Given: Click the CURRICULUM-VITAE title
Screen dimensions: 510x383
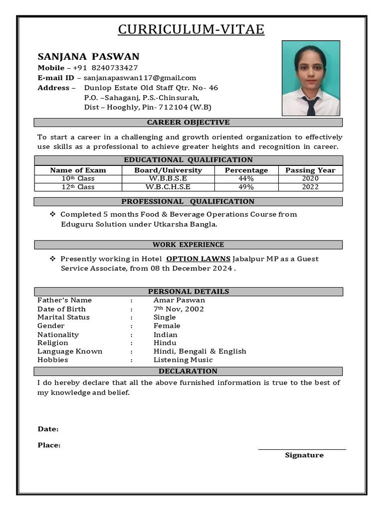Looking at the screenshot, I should (x=191, y=29).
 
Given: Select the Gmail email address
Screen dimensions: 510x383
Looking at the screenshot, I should (x=140, y=78).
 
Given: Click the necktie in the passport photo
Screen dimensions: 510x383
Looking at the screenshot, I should (x=311, y=106).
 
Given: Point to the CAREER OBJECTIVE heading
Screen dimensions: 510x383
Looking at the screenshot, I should (x=188, y=123).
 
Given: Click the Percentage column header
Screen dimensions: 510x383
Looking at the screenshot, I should (x=246, y=170).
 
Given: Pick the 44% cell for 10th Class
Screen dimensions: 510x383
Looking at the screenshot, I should (x=246, y=178).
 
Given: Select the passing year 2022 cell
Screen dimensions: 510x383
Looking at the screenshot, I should (x=310, y=187).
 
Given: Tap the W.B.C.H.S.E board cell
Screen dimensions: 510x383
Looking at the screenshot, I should (x=168, y=187).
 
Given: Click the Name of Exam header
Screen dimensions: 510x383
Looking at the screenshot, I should (x=78, y=170).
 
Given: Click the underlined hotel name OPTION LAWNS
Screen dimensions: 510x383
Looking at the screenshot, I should (x=198, y=259).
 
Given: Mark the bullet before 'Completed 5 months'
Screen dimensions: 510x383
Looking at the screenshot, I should (x=52, y=214).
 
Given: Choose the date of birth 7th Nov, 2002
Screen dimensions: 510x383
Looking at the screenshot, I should (x=179, y=309).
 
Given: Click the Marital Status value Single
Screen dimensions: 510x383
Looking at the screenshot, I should (x=164, y=317).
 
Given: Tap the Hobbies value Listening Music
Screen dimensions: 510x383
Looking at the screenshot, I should (x=183, y=360).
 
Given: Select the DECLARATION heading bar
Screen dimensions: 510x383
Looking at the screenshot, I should (x=188, y=371).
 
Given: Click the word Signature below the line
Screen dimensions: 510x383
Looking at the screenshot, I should (x=304, y=455).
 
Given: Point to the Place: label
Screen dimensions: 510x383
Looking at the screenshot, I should (x=49, y=445).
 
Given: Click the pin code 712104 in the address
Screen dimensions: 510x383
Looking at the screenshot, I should (x=173, y=107).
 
